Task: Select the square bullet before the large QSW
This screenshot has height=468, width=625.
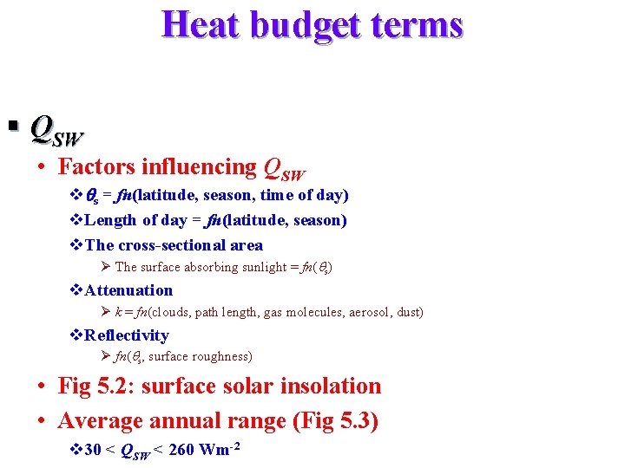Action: (12, 128)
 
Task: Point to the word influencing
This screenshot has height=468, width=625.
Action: (201, 166)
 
